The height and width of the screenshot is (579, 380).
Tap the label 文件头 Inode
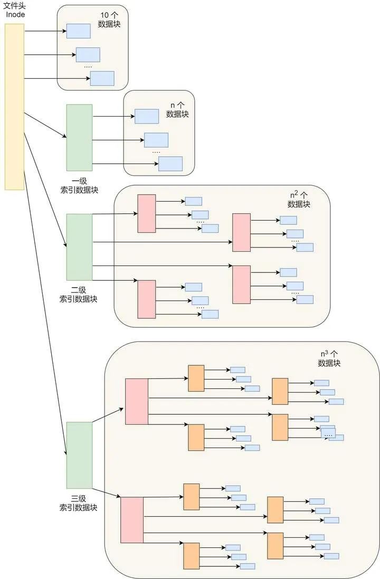tap(15, 10)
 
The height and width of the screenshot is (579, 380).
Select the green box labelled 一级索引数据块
tap(79, 137)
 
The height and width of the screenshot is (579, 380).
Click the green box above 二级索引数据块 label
tap(79, 246)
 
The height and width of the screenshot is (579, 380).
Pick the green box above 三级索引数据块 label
tap(79, 455)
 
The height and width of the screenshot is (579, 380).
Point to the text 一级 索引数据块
tap(79, 185)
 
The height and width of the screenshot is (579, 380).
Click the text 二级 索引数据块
tap(79, 294)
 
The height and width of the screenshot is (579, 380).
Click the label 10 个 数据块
tap(109, 20)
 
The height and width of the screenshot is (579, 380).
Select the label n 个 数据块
tap(177, 109)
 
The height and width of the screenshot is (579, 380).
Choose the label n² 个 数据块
tap(299, 200)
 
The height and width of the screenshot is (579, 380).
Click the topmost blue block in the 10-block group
tap(79, 31)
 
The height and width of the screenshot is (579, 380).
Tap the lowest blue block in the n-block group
tap(170, 164)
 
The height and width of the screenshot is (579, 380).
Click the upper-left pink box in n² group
tap(147, 213)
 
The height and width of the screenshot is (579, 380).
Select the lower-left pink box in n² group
tap(147, 299)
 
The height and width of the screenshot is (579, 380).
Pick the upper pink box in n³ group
tap(137, 401)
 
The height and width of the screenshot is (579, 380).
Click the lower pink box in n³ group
tap(132, 520)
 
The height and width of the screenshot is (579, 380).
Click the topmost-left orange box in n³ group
tap(196, 378)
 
